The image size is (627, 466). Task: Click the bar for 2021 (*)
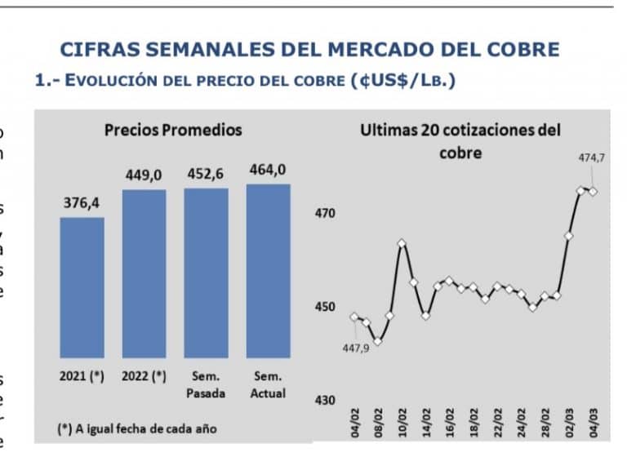click(x=82, y=287)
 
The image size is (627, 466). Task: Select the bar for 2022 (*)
click(x=144, y=273)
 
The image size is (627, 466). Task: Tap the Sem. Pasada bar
click(x=206, y=273)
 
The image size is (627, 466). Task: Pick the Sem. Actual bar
click(x=268, y=270)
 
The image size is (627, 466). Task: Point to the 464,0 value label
click(x=268, y=171)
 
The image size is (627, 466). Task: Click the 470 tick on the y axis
click(x=325, y=214)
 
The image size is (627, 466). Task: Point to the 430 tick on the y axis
click(x=325, y=400)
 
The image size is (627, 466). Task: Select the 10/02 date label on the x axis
click(x=402, y=424)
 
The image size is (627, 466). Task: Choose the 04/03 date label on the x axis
click(x=593, y=424)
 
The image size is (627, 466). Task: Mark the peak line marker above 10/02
click(x=402, y=243)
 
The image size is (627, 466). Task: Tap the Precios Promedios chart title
click(x=173, y=130)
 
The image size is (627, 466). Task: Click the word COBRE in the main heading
click(x=518, y=49)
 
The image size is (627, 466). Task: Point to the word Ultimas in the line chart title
click(x=388, y=131)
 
